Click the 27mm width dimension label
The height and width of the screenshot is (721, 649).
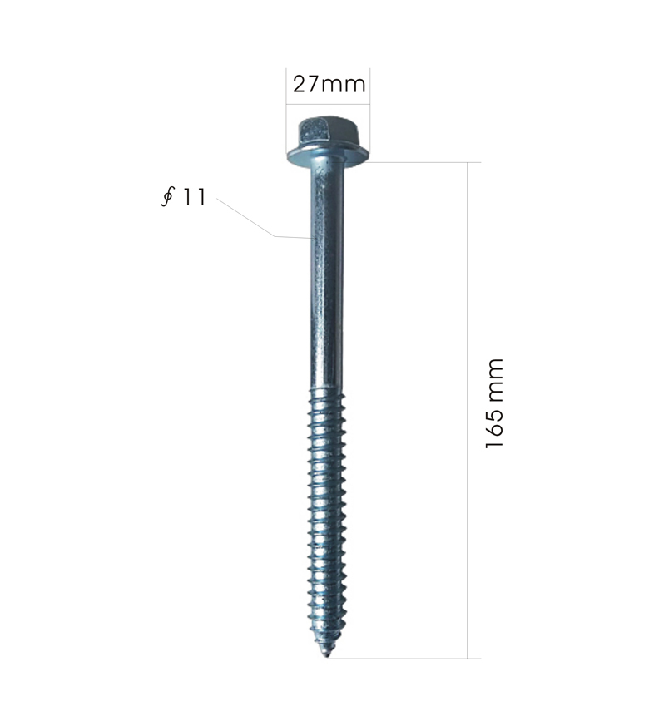pyautogui.click(x=329, y=85)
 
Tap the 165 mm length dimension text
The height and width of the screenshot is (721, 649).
pyautogui.click(x=495, y=403)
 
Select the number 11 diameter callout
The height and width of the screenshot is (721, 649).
pyautogui.click(x=194, y=197)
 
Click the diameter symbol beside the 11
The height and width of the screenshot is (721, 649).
pyautogui.click(x=168, y=197)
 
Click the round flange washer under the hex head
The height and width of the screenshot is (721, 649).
pyautogui.click(x=327, y=155)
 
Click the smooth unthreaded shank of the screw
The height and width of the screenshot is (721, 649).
pyautogui.click(x=326, y=276)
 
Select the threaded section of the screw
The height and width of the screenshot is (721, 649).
pyautogui.click(x=326, y=520)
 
